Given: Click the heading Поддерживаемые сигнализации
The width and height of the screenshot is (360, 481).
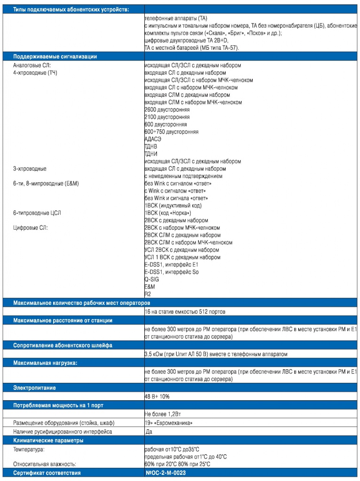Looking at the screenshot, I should click(55, 56).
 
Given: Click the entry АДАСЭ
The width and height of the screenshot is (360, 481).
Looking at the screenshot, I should click(153, 139).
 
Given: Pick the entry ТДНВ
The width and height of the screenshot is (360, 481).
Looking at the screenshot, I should click(151, 147).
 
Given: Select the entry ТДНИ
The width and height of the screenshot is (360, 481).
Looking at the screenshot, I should click(151, 154).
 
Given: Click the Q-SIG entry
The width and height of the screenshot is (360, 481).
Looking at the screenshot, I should click(152, 279).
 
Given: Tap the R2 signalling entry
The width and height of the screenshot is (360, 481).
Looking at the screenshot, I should click(148, 294).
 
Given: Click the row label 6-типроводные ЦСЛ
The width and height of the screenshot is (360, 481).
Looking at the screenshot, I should click(37, 213).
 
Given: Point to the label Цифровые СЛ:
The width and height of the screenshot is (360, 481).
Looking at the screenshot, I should click(31, 228).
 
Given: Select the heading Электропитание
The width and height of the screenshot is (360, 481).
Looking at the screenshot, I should click(34, 388).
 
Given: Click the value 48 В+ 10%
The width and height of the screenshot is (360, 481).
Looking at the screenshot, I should click(157, 396).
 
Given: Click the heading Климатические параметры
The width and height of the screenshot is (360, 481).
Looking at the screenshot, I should click(48, 440).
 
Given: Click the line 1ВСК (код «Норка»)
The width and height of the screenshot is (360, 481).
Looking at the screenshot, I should click(168, 213).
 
